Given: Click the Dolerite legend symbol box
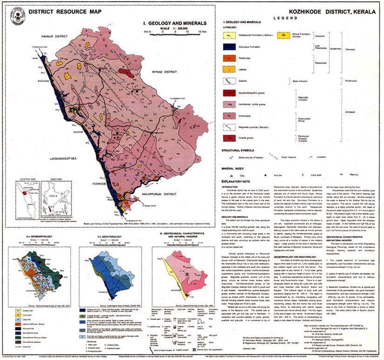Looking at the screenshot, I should pyautogui.click(x=229, y=81).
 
